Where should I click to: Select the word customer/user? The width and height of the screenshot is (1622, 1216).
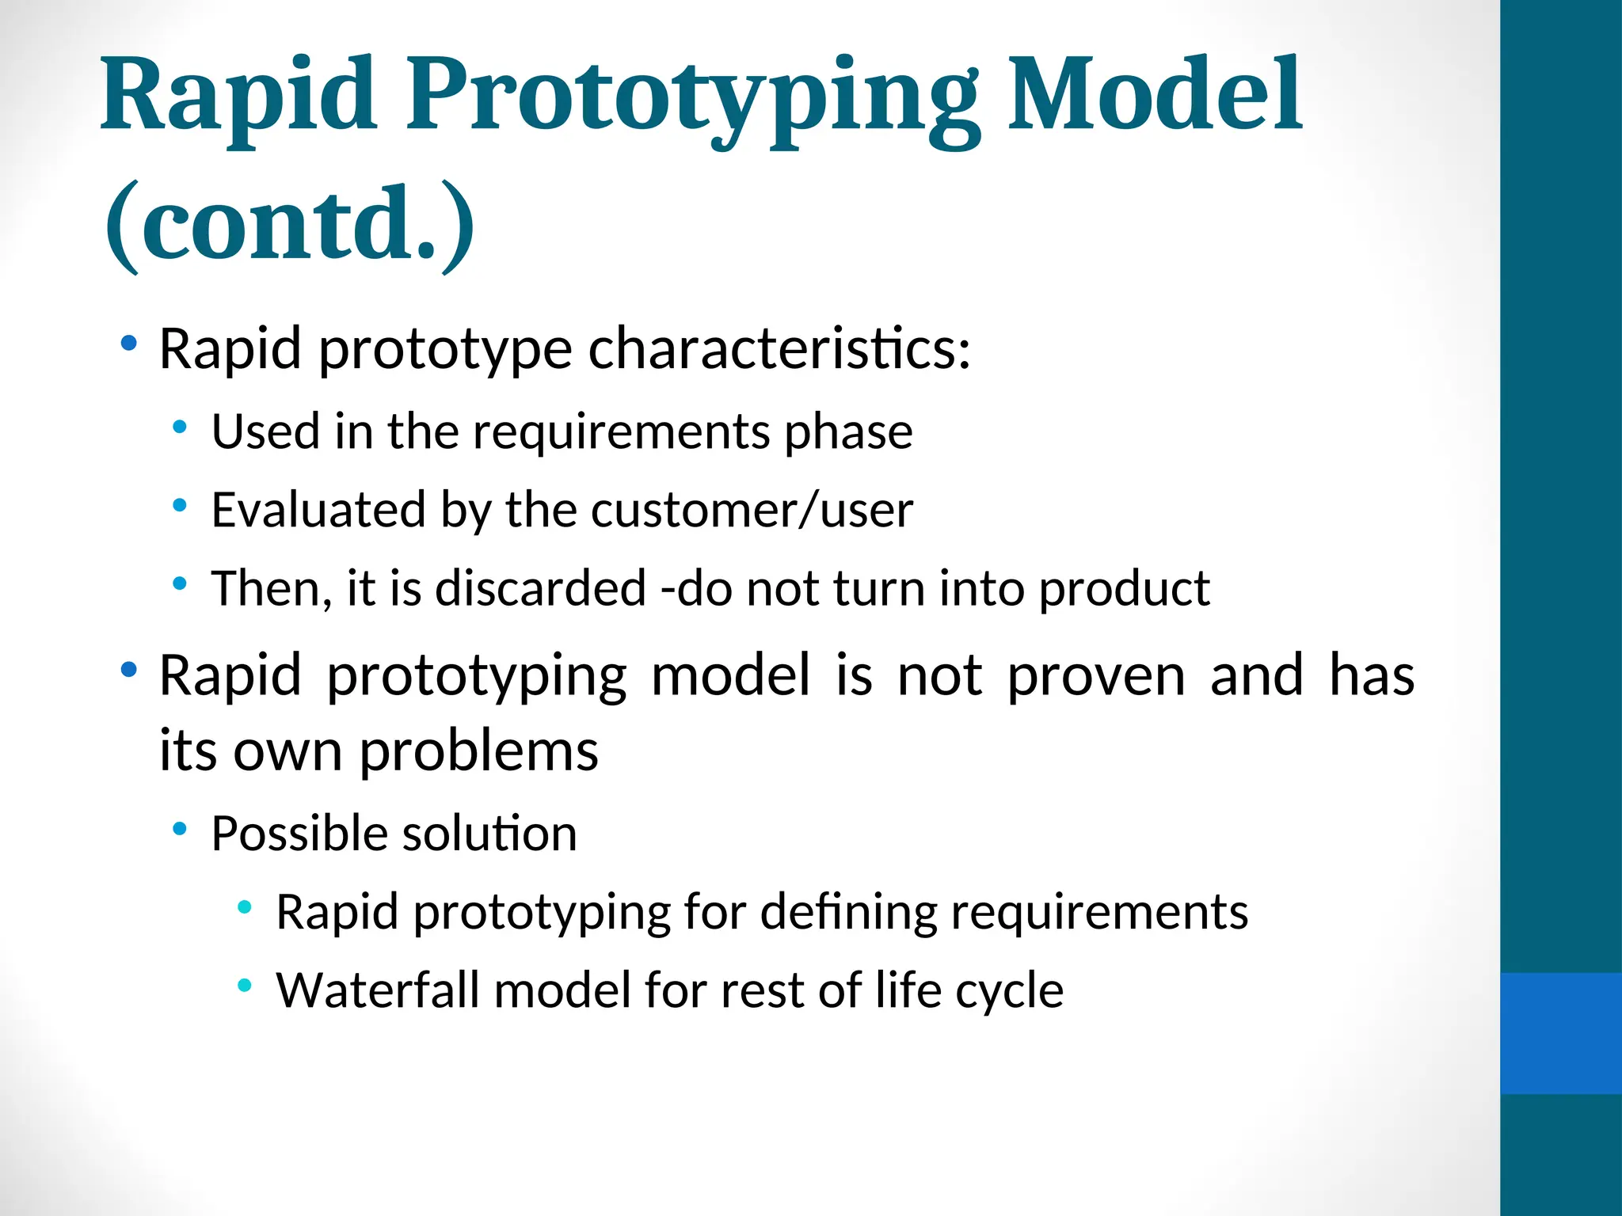click(752, 510)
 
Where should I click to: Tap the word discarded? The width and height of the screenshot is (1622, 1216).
click(540, 588)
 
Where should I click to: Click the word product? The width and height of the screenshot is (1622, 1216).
click(1124, 590)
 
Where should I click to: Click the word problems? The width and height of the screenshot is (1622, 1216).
click(478, 750)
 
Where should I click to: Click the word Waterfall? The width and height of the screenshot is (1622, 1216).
click(377, 990)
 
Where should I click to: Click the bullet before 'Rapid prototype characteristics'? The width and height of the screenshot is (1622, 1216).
click(128, 344)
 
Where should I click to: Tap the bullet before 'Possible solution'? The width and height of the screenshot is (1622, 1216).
click(180, 829)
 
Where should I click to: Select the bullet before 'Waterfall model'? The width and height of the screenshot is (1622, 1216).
click(244, 986)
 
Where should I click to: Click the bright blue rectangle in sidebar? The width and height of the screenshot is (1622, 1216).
click(1560, 1033)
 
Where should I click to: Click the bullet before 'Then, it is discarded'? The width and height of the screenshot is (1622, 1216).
click(180, 584)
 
